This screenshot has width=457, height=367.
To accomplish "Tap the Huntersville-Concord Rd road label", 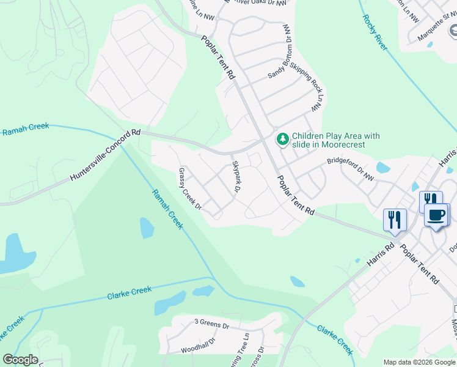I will pos(105,156).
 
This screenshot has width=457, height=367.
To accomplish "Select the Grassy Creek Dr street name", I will pos(190,189).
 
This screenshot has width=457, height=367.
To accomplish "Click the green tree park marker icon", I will pos(282,139).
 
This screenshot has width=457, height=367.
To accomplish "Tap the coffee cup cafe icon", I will pos(436,215).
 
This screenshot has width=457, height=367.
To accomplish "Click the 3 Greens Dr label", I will pos(211,322).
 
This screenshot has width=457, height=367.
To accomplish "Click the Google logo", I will pos(20,360).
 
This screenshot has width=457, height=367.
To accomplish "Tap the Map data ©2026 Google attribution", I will pos(419,362).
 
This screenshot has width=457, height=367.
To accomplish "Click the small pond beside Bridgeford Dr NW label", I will pos(383,168).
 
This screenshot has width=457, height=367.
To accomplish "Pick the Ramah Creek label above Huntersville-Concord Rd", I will pos(25,129).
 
